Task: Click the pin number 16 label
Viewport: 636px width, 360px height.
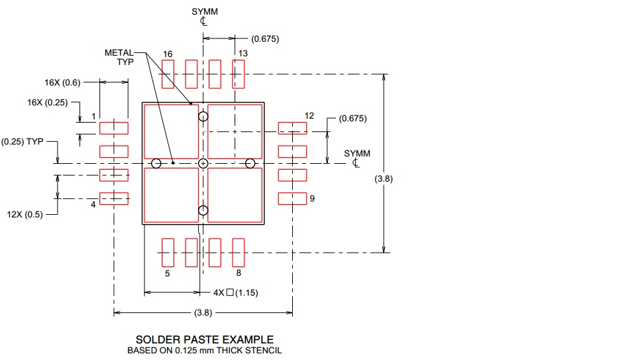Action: [168, 54]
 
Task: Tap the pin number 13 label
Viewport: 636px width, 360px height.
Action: [242, 54]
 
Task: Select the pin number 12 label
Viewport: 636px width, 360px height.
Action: [309, 115]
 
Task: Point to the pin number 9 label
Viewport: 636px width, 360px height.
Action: [312, 198]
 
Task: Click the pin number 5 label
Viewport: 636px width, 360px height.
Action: [167, 274]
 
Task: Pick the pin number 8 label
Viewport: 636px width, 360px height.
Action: [238, 273]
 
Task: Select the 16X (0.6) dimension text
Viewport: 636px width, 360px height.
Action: [62, 82]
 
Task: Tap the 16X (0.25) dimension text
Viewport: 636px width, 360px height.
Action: [48, 102]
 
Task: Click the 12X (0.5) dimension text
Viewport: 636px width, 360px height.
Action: [25, 214]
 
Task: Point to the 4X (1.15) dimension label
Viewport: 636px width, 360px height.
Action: [236, 292]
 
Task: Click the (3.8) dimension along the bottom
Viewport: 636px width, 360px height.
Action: [203, 312]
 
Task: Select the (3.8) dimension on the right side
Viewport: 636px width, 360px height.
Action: [384, 178]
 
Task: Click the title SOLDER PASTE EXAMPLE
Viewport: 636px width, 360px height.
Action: [205, 339]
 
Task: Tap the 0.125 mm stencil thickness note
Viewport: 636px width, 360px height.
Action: [205, 351]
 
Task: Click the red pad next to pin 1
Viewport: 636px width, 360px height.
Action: [114, 128]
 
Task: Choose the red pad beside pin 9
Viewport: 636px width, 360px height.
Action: [292, 198]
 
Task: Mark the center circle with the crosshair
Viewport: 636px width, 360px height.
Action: [203, 164]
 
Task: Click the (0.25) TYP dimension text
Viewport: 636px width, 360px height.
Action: [23, 141]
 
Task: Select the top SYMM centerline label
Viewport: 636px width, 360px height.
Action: [205, 16]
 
